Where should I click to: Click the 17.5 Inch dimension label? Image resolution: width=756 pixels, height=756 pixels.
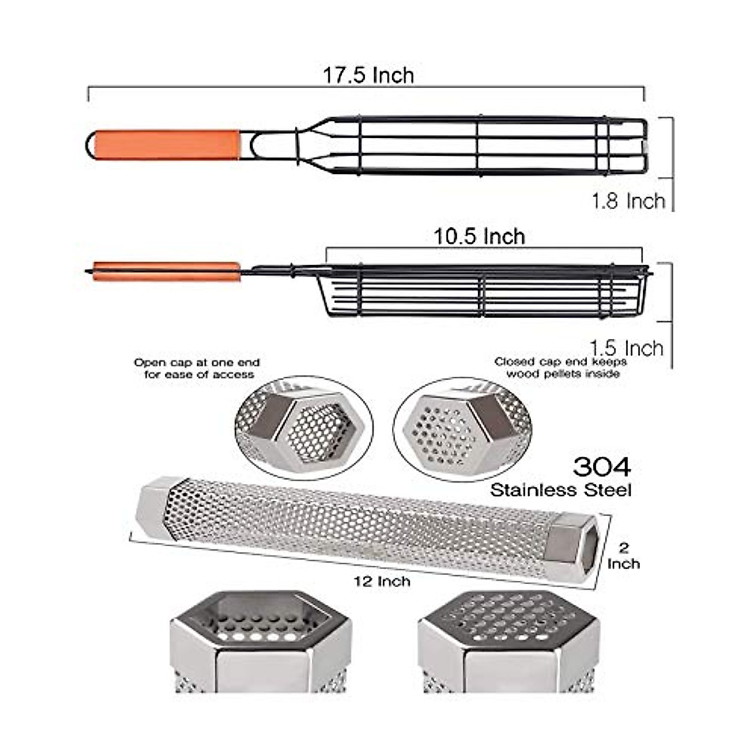coord(369,76)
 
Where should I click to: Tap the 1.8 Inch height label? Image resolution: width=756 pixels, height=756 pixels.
coord(628,201)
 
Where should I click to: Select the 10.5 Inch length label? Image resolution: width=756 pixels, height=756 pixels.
coord(479,237)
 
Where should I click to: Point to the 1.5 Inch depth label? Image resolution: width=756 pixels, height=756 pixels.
coord(626,348)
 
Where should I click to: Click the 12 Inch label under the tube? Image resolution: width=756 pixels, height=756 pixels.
coord(382,581)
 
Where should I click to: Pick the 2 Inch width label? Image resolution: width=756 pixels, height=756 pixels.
coord(624,556)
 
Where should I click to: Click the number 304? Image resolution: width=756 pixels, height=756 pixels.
coord(602,467)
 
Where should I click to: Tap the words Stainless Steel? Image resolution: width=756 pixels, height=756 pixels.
coord(561,490)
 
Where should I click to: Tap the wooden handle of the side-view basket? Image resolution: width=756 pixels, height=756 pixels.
coord(166,272)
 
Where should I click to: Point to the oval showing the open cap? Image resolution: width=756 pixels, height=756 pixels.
coord(303,428)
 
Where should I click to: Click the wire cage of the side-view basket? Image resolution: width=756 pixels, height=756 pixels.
coord(485,291)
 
